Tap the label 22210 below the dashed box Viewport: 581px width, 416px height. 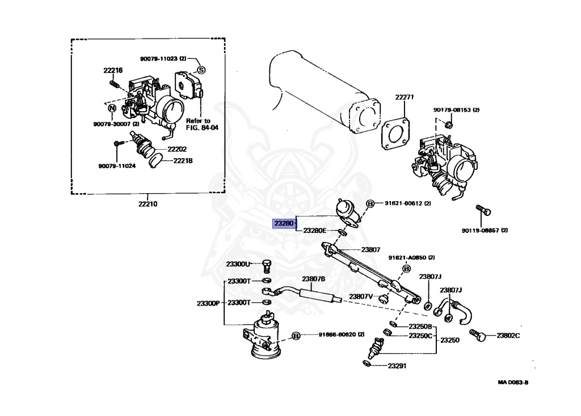pyautogui.click(x=147, y=203)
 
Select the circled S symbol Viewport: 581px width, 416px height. pyautogui.click(x=200, y=70)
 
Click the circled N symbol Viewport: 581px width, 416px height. pyautogui.click(x=112, y=108)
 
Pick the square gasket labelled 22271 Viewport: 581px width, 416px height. pyautogui.click(x=395, y=134)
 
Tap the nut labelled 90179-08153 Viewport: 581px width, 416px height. pyautogui.click(x=448, y=124)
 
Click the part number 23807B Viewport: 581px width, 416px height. pyautogui.click(x=313, y=279)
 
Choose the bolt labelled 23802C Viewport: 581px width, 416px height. pyautogui.click(x=480, y=337)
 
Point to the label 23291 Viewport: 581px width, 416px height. pyautogui.click(x=397, y=366)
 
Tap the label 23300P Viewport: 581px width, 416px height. pyautogui.click(x=208, y=303)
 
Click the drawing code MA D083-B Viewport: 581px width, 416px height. pyautogui.click(x=513, y=382)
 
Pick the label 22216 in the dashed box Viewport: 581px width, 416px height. pyautogui.click(x=113, y=70)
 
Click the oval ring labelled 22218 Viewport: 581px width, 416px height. pyautogui.click(x=154, y=163)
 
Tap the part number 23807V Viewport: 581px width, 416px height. pyautogui.click(x=361, y=296)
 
